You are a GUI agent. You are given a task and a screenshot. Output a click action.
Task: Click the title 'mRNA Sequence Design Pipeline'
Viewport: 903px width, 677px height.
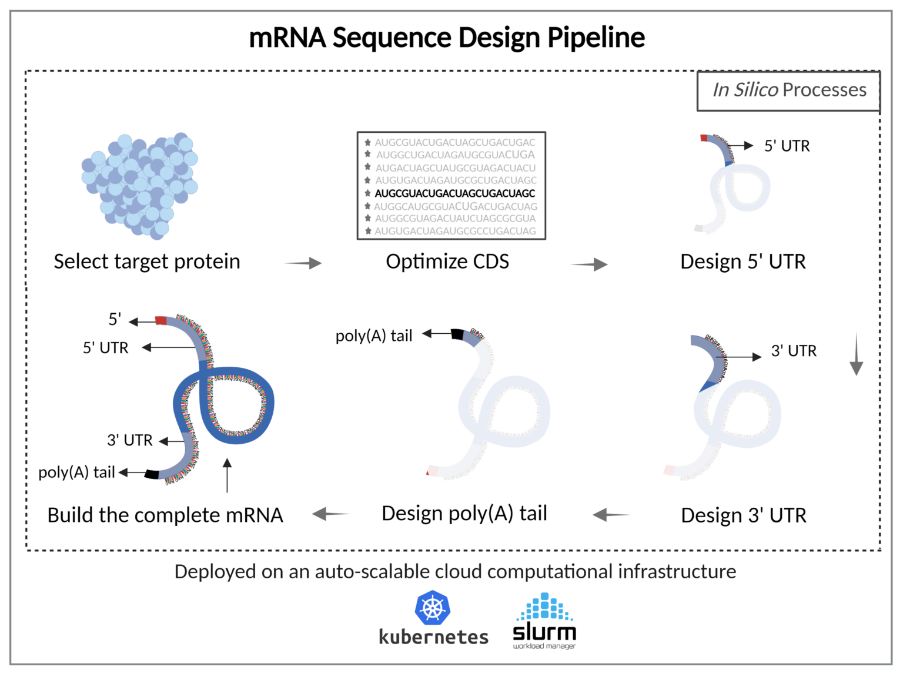[447, 38]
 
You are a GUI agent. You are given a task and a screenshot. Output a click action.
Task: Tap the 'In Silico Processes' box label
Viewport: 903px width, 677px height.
[789, 90]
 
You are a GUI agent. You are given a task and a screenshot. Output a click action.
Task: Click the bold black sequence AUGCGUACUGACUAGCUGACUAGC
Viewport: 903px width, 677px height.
[454, 193]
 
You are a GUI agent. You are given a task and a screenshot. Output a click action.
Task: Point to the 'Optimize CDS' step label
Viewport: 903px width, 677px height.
[447, 262]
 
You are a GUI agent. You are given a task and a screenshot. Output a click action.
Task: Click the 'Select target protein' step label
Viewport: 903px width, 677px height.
[147, 262]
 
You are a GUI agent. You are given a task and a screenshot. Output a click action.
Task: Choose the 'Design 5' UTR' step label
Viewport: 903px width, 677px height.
[743, 262]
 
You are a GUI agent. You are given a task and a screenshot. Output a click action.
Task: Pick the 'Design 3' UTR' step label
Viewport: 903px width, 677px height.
[744, 515]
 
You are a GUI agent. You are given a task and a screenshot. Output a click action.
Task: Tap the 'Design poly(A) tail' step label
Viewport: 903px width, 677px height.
[464, 514]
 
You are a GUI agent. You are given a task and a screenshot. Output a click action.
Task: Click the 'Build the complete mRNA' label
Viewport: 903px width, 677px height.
[165, 515]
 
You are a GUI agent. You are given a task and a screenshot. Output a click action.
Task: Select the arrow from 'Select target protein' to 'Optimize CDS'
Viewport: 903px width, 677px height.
[303, 263]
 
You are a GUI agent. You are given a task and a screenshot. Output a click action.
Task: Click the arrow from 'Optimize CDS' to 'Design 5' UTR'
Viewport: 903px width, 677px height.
[589, 264]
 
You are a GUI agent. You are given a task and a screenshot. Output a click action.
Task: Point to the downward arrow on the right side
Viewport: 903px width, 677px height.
[857, 354]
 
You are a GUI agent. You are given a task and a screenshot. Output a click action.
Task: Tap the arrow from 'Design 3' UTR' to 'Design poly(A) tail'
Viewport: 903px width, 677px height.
[611, 515]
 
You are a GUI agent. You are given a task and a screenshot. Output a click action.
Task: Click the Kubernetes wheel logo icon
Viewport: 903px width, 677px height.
[433, 608]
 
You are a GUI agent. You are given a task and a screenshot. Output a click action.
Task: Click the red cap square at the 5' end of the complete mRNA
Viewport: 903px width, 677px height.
[161, 320]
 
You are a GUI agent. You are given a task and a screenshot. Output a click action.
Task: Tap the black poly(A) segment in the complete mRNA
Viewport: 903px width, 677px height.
[152, 474]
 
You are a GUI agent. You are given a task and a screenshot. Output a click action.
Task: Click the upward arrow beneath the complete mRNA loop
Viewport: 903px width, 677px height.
[227, 475]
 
